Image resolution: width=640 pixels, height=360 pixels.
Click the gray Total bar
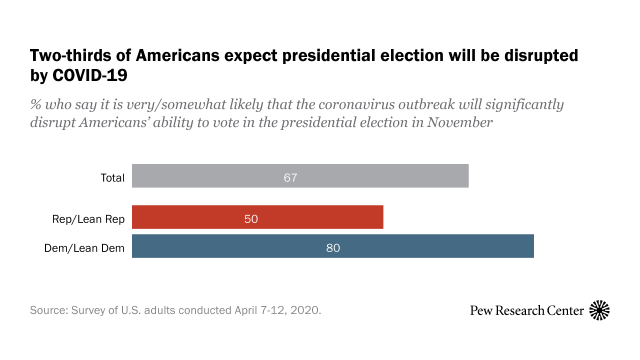[x=300, y=177]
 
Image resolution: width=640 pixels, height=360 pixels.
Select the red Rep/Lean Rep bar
[x=257, y=218]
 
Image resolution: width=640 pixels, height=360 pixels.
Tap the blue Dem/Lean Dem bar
[x=332, y=247]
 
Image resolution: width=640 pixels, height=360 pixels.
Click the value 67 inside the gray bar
[x=290, y=177]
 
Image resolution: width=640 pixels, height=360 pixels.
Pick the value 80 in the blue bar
[x=333, y=247]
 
